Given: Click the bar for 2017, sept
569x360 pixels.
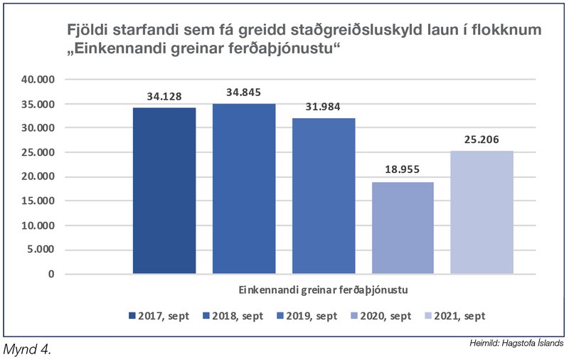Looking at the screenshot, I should point(164,191).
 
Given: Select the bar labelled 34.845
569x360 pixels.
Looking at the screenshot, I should point(244,189).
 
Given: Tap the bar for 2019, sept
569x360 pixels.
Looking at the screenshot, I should point(324,196).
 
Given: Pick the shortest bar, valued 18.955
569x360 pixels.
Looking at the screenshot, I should point(403,228).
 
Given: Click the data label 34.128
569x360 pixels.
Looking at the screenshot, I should point(164,97).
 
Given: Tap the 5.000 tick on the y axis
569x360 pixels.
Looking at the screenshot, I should point(41,250).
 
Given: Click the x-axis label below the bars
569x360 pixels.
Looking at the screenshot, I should point(323,290).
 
